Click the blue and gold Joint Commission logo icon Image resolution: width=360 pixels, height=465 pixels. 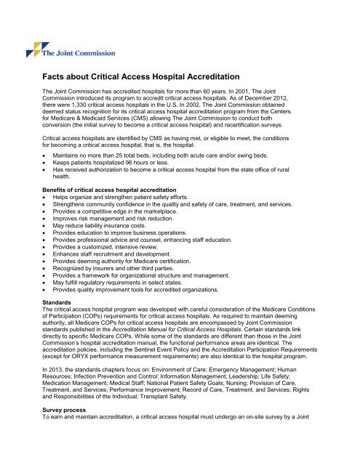[33, 49]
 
